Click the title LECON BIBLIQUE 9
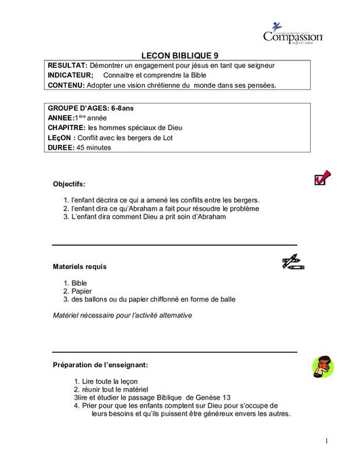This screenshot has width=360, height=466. click(179, 56)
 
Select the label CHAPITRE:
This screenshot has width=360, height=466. click(67, 127)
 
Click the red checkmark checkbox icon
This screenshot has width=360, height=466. click(321, 178)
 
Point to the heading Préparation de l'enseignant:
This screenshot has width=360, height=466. click(100, 365)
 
